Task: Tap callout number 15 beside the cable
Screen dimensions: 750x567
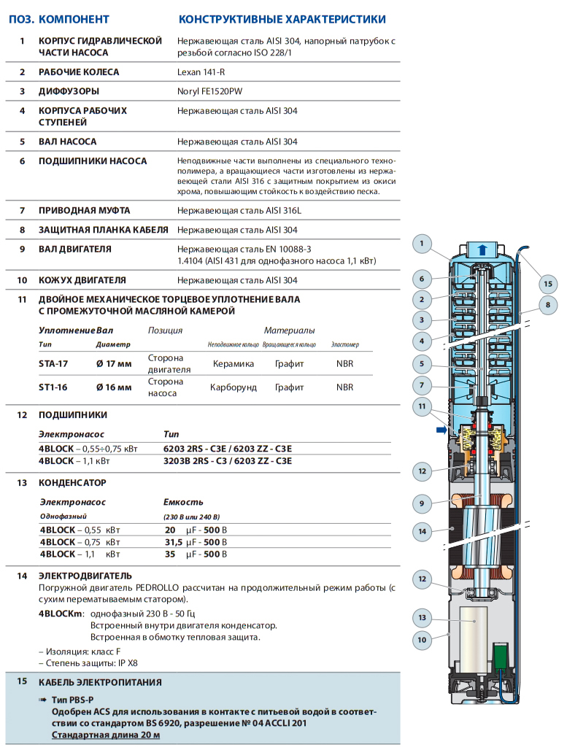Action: [x=547, y=284]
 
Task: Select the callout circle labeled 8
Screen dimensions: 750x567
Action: [x=547, y=304]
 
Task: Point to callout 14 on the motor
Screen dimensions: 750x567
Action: [x=422, y=532]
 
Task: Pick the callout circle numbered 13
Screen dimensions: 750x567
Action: [x=422, y=618]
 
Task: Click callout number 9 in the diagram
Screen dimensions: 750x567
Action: [x=422, y=503]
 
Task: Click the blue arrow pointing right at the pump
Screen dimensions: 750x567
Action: [x=441, y=430]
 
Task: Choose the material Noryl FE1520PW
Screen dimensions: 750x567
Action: [x=211, y=91]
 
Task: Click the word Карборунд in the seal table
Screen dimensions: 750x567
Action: [x=234, y=387]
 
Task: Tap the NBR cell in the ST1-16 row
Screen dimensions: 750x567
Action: [x=344, y=387]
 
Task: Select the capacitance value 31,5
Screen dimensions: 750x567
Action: [x=173, y=542]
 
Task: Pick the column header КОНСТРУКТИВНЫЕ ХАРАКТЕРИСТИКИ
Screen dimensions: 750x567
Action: [x=282, y=19]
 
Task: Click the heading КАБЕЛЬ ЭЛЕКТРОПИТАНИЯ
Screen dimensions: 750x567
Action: [x=100, y=682]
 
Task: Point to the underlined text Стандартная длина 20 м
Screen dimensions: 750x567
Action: [x=106, y=735]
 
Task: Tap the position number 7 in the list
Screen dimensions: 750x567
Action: [x=22, y=210]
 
